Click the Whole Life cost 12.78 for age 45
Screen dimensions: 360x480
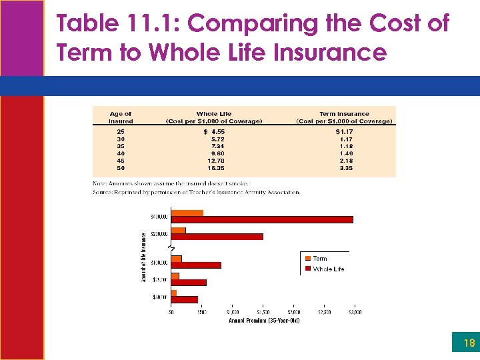point(215,161)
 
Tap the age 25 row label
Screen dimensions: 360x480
point(120,132)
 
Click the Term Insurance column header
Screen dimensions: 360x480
point(344,117)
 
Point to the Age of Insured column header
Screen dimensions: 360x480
point(121,117)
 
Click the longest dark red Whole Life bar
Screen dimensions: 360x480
point(262,219)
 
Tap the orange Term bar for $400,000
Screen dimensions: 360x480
point(187,213)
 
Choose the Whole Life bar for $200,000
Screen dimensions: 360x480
point(217,237)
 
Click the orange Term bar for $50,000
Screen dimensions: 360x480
point(174,293)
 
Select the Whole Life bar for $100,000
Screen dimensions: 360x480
point(196,265)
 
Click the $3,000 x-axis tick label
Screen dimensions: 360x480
point(354,312)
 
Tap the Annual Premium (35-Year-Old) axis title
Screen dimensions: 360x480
point(264,321)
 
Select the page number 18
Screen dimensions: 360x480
point(469,343)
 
